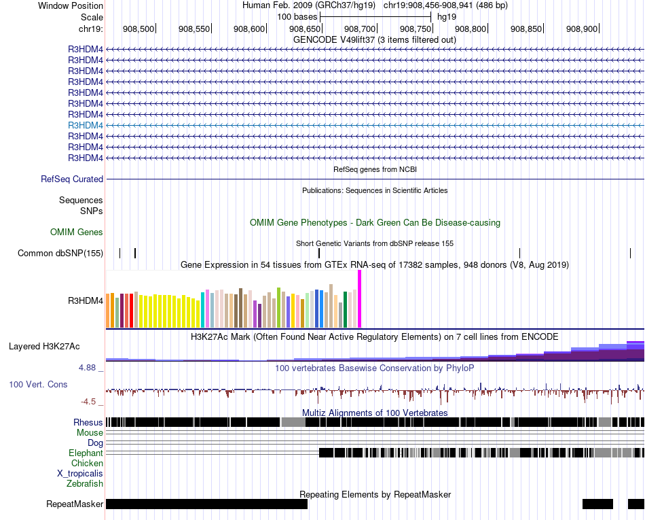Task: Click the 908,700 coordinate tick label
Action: coord(360,29)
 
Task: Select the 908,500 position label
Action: coord(139,29)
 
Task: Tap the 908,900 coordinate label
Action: coord(582,29)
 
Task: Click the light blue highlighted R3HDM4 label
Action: coord(86,125)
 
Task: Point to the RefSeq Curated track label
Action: coord(72,179)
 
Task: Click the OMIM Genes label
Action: coord(77,232)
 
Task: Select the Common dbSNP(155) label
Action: coord(60,254)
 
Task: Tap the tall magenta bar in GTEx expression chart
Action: coord(359,299)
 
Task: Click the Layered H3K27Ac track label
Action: coord(44,346)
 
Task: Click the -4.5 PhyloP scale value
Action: coord(89,401)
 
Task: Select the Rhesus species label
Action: coord(88,422)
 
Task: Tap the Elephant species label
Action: coord(86,453)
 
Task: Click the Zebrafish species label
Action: coord(85,484)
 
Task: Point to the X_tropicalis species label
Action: coord(80,474)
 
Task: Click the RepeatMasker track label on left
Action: coord(75,504)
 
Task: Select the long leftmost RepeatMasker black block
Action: coord(206,504)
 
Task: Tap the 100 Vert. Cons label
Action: coord(38,385)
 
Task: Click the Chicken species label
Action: coord(88,464)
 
